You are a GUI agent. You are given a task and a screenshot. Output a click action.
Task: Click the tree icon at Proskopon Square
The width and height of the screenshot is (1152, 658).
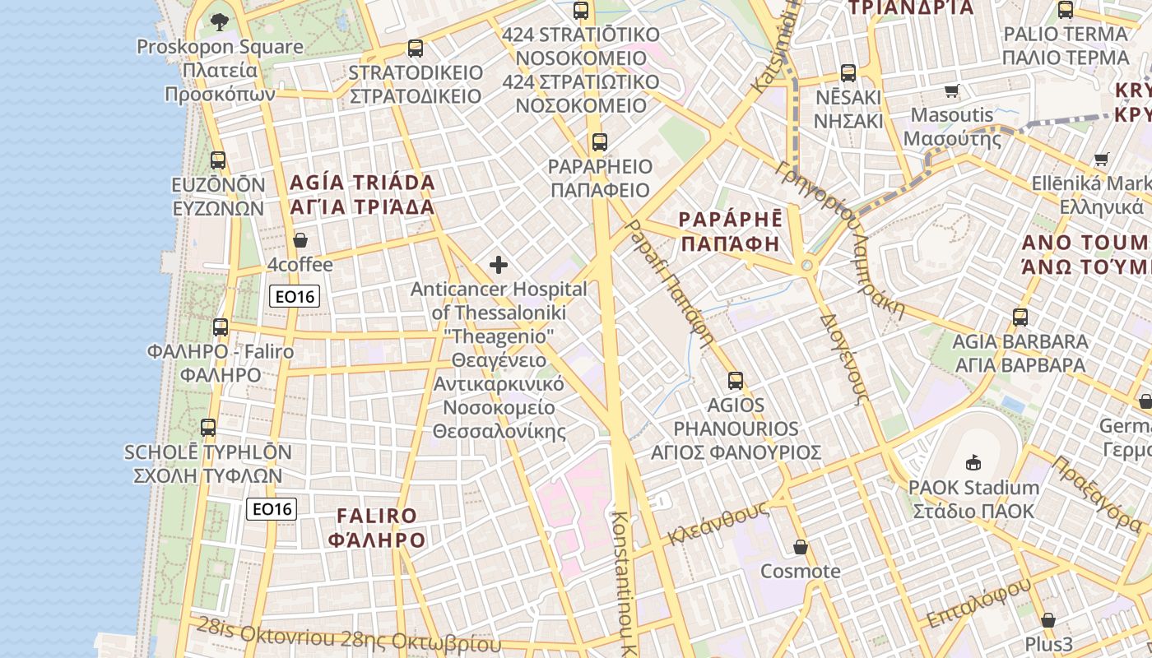click(219, 22)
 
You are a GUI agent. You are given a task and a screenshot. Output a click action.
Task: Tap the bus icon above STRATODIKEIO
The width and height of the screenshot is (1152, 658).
click(416, 49)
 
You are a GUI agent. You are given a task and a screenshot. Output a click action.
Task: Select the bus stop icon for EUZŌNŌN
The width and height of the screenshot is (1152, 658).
click(218, 160)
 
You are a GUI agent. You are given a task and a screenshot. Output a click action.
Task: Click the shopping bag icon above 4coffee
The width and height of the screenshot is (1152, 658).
click(300, 240)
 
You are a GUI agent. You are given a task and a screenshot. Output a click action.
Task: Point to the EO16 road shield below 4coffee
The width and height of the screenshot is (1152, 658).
click(295, 296)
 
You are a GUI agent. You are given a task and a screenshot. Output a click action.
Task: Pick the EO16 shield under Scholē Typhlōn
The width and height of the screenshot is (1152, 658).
click(272, 509)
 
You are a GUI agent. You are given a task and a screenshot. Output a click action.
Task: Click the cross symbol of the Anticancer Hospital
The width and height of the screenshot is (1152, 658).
click(499, 265)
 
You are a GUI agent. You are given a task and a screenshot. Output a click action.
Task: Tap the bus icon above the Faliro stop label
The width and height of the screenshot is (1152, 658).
click(221, 327)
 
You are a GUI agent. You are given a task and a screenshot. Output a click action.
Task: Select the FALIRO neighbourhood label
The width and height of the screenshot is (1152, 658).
click(378, 527)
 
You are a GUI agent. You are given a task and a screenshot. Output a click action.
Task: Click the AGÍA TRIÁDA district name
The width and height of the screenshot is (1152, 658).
click(362, 194)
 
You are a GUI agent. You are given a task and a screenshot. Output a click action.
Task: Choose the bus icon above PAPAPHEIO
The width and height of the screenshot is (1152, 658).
click(600, 142)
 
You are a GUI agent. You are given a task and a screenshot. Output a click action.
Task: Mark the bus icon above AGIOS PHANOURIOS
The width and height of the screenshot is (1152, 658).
click(736, 381)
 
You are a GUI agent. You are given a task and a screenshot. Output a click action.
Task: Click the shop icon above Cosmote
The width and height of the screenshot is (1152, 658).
click(801, 547)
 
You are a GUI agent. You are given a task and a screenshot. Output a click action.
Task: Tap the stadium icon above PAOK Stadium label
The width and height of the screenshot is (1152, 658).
click(973, 462)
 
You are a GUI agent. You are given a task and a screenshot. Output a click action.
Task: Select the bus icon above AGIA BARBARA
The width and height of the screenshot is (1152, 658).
click(1020, 317)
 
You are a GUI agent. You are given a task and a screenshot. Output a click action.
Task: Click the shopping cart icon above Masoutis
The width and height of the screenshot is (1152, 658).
click(952, 91)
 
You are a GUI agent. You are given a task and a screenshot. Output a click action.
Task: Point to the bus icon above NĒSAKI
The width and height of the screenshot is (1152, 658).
click(848, 73)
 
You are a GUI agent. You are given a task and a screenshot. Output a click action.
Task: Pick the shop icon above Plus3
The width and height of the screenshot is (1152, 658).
click(1048, 619)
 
